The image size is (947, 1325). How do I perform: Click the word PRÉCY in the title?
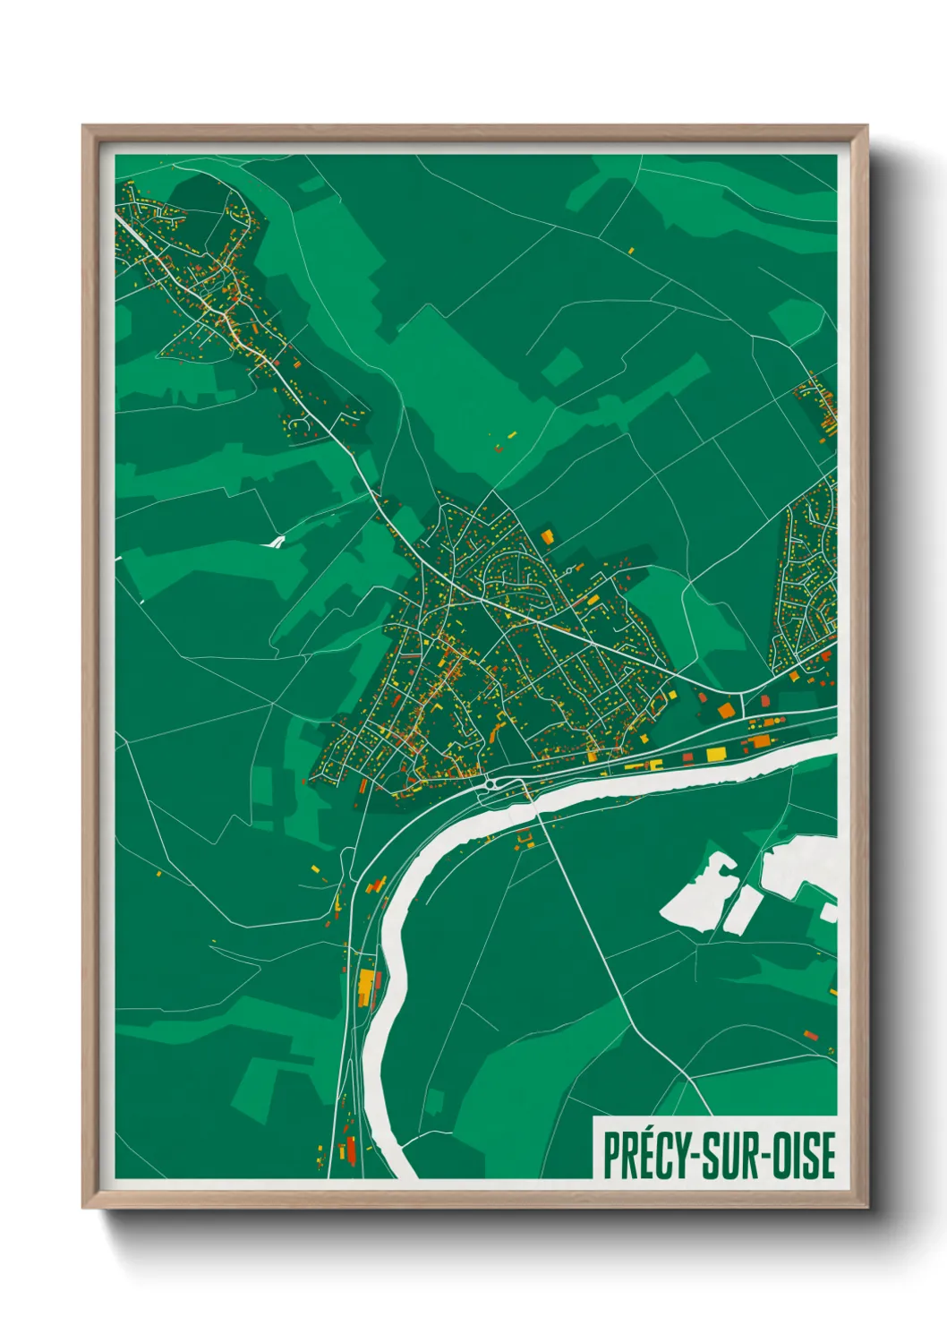642,1156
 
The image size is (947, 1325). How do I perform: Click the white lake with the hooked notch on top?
698,893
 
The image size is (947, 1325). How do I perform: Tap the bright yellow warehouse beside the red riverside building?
715,755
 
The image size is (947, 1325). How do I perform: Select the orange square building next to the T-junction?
725,710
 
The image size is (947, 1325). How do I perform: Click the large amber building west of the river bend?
365,987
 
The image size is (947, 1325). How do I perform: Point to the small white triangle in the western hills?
276,542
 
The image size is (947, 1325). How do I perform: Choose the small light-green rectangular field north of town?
561,367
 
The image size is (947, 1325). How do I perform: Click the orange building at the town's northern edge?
546,536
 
